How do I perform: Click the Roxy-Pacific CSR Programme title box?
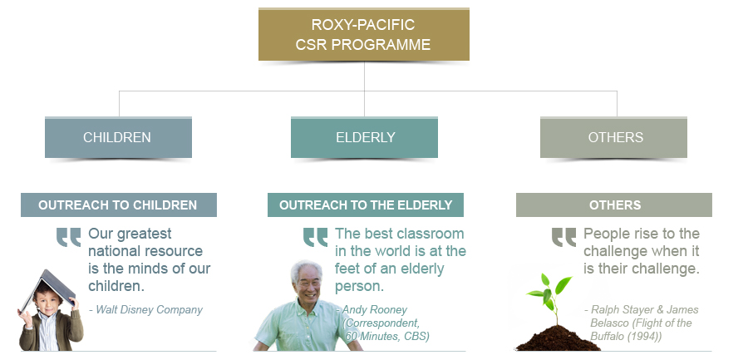[363, 34]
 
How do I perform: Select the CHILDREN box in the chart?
[118, 137]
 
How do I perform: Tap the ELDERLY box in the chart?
[365, 137]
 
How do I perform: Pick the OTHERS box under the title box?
[613, 137]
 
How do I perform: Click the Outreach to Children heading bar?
[118, 205]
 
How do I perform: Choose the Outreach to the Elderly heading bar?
[366, 205]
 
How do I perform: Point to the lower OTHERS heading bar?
[614, 205]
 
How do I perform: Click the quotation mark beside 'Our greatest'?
[69, 237]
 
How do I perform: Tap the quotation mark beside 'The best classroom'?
[315, 237]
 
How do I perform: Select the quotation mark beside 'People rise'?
[563, 237]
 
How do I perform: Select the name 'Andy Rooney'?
[375, 310]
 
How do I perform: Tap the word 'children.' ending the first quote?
[116, 286]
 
